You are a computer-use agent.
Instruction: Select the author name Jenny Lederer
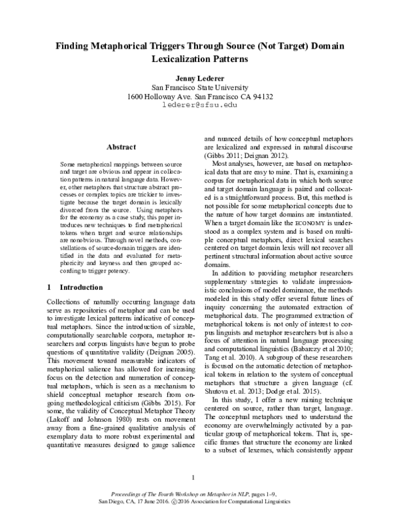[200, 77]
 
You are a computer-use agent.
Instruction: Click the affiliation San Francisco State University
[200, 87]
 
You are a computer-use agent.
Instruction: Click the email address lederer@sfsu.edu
[200, 105]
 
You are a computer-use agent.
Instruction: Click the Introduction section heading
[81, 288]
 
